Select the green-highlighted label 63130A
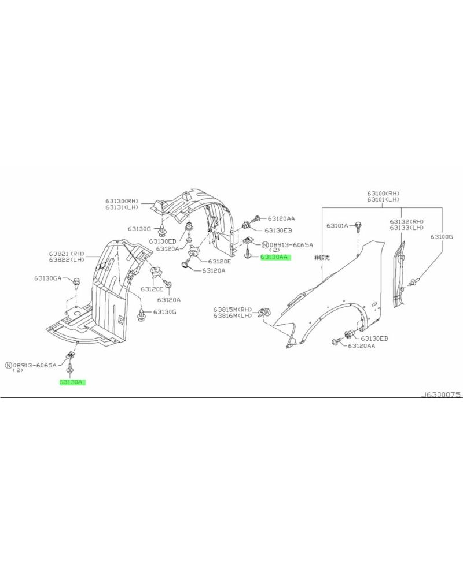[x=72, y=382]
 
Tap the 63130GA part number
[x=47, y=278]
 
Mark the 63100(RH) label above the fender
[x=383, y=193]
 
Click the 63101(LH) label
[x=383, y=199]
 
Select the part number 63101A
[x=337, y=225]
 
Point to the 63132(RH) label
[x=406, y=221]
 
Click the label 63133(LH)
[x=406, y=228]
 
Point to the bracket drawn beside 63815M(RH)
[x=264, y=312]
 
